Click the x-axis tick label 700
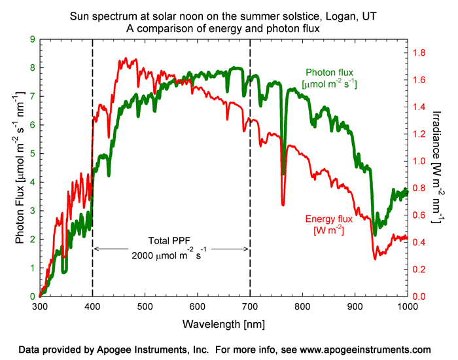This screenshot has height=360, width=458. click(x=250, y=306)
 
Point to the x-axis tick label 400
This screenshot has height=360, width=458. click(x=92, y=306)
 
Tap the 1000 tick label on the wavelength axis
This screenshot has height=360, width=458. click(x=407, y=306)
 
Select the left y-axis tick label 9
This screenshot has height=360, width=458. click(x=32, y=39)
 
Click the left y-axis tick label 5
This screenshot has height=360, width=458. click(x=32, y=154)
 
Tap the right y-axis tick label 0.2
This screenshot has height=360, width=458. click(x=422, y=269)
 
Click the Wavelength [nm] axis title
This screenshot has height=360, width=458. click(x=223, y=323)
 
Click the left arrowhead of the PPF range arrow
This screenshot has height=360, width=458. click(x=96, y=249)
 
